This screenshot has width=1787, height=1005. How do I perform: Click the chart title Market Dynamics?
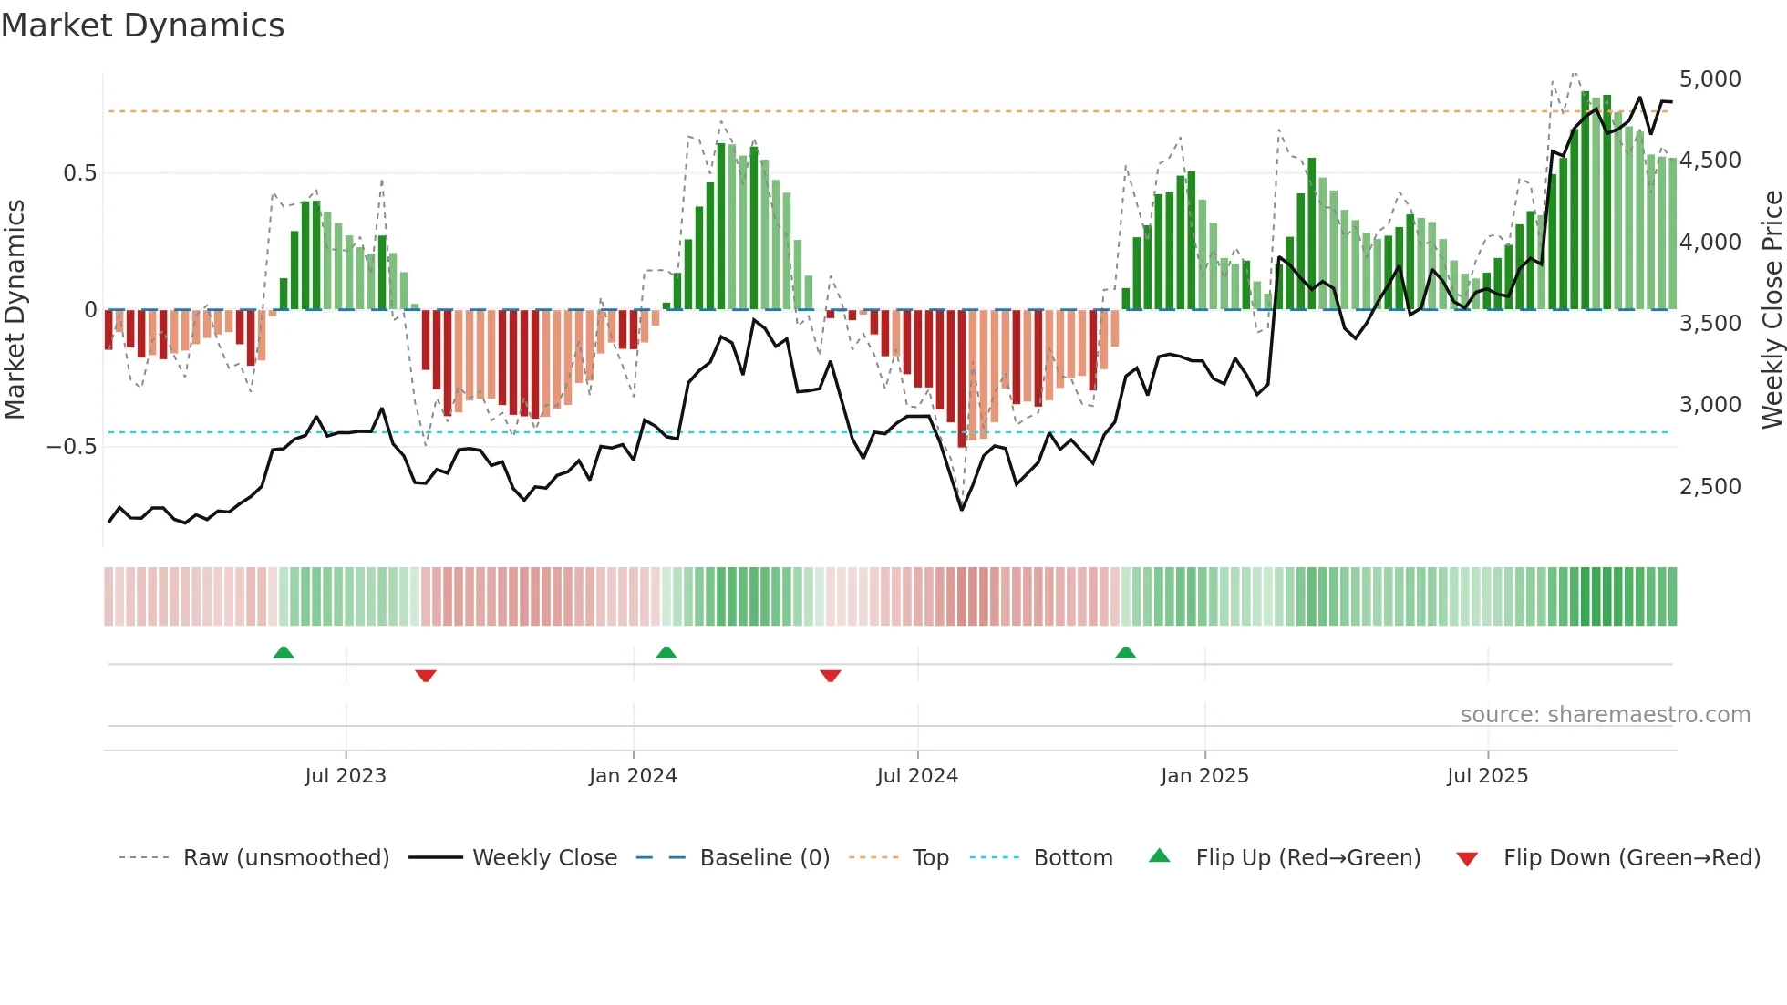(142, 26)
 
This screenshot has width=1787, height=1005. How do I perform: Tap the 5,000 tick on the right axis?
(1710, 79)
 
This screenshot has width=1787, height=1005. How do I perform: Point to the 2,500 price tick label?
(1710, 487)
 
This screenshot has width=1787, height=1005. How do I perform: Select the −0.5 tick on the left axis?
(71, 447)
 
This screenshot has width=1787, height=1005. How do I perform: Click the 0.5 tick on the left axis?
(79, 173)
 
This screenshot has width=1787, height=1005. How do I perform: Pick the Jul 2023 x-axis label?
(346, 776)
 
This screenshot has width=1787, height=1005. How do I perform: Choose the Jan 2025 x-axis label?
(1204, 776)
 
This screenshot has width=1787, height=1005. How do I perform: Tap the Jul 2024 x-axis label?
(917, 776)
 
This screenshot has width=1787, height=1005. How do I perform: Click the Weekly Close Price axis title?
(1772, 310)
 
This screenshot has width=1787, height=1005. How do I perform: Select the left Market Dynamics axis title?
(15, 310)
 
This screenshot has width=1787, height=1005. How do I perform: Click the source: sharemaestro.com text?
(1605, 715)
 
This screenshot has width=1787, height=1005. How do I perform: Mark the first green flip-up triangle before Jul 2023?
(284, 652)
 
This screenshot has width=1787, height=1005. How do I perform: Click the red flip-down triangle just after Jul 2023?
(426, 676)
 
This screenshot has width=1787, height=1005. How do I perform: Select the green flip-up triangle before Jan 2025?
(1126, 652)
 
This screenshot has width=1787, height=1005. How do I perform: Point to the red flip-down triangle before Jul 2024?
(830, 676)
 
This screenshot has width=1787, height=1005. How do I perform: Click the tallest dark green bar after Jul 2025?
(1586, 201)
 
